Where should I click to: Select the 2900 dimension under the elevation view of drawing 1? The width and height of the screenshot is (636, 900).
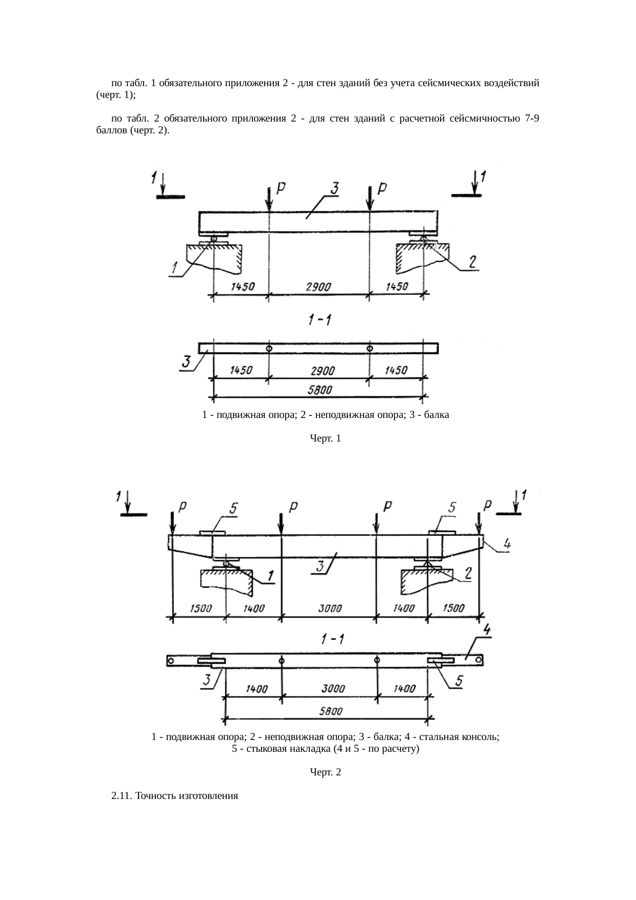319,288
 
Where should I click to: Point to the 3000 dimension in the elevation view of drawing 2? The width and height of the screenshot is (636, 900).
330,609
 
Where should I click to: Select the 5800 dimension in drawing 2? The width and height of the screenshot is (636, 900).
331,711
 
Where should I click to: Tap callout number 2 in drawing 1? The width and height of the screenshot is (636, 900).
473,262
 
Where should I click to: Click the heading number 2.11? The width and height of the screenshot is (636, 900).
122,796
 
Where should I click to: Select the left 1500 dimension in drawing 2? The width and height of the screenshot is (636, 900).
201,609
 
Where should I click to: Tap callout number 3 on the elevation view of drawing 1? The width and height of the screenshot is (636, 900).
333,189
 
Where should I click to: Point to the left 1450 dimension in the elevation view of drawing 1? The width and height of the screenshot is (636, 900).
243,287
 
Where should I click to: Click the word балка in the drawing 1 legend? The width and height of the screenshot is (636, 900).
437,415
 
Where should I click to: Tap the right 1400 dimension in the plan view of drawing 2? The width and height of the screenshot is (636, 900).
405,689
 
